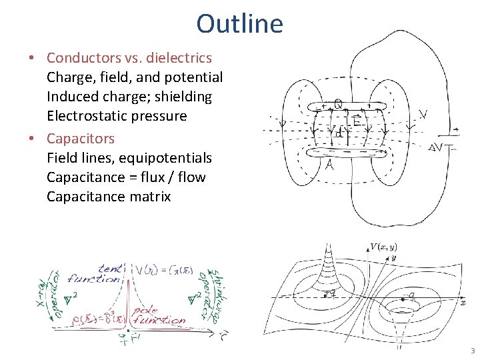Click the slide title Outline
coord(239,24)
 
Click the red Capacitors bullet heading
coord(81,139)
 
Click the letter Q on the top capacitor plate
coord(339,104)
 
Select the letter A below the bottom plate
coord(329,165)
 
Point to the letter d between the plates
coord(339,133)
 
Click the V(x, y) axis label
coord(385,247)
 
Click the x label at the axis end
coord(463,302)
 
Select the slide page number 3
coord(471,351)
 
